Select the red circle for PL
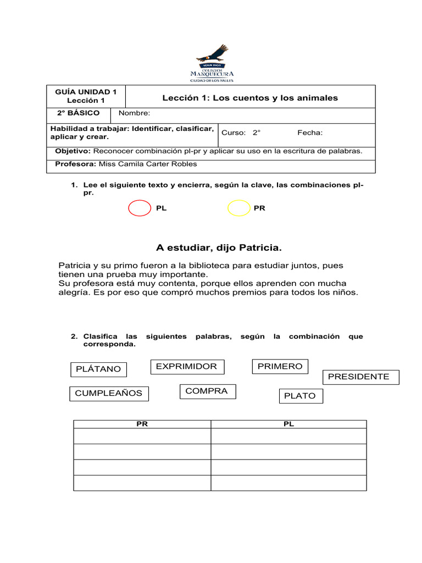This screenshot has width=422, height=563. (x=139, y=208)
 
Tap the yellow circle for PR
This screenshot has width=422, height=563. (x=238, y=208)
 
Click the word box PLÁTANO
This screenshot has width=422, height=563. (x=99, y=369)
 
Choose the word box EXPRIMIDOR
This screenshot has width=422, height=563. (x=187, y=366)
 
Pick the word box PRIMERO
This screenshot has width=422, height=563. (x=280, y=366)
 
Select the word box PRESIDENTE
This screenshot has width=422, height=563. (x=359, y=377)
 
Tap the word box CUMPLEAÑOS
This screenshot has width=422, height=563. (x=109, y=393)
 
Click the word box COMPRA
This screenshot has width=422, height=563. (x=207, y=391)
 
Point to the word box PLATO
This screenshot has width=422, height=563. (x=300, y=396)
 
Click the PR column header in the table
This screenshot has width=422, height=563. (x=142, y=424)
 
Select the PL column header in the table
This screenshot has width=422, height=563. (x=288, y=424)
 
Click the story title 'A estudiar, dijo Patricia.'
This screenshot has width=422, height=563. (x=219, y=248)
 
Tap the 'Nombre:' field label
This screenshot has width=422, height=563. (x=134, y=113)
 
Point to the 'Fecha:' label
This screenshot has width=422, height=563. (x=310, y=133)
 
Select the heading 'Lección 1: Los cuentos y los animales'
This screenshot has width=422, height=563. (x=250, y=98)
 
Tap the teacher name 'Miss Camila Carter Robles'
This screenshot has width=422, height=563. (x=147, y=164)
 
